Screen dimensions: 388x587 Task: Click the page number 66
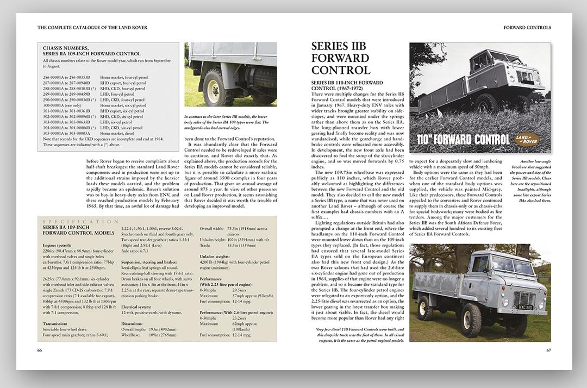(x=40, y=350)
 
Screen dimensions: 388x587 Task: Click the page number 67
(x=548, y=350)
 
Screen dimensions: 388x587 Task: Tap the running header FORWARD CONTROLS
(x=527, y=27)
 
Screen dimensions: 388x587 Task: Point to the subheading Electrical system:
(x=139, y=306)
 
